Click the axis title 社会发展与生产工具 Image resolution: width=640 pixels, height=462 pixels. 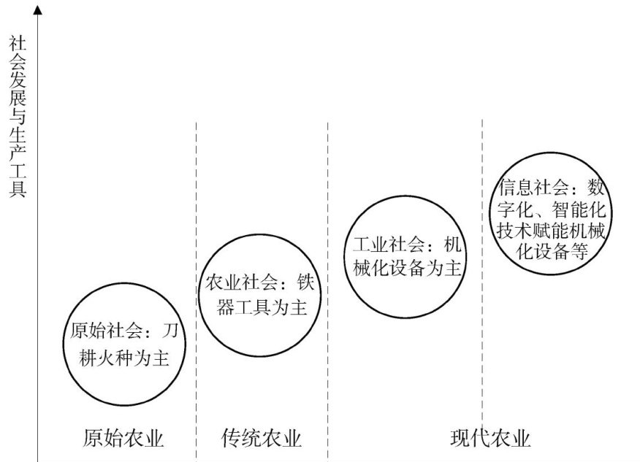16,117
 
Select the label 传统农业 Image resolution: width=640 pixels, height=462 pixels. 261,438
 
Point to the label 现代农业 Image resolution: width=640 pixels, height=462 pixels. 489,438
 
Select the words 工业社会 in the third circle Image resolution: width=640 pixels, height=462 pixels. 384,244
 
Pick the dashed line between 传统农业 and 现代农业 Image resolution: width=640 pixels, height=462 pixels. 328,182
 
